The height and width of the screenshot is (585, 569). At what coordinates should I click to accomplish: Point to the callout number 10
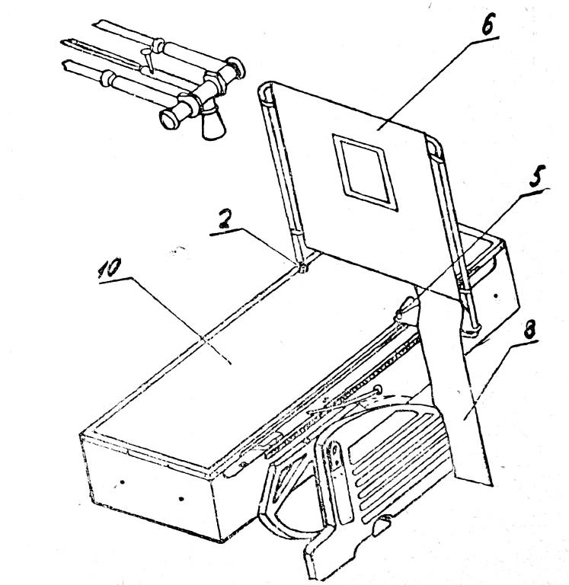(110, 267)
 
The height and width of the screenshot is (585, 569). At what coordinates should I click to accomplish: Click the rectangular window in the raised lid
(366, 172)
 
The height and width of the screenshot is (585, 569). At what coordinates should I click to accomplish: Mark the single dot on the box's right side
(496, 296)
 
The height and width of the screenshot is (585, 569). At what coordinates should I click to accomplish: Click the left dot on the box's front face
(122, 482)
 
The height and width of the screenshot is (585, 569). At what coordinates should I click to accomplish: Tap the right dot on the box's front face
(181, 499)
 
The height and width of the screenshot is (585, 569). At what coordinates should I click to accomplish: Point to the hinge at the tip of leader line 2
(302, 268)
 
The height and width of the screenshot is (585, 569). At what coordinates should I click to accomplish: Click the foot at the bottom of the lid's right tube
(472, 329)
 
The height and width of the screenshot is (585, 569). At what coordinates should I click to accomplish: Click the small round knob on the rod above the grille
(378, 390)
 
